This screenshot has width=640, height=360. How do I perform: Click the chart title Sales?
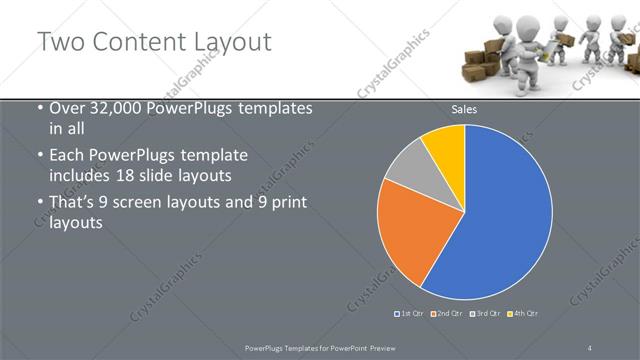(x=464, y=109)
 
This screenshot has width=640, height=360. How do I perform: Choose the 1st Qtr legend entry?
(x=410, y=314)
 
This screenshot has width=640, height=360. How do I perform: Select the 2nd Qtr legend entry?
(x=447, y=314)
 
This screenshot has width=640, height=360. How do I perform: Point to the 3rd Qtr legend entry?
(x=486, y=314)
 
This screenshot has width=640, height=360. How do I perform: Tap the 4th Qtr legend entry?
(x=524, y=314)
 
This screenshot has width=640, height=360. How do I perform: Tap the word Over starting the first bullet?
(x=67, y=108)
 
